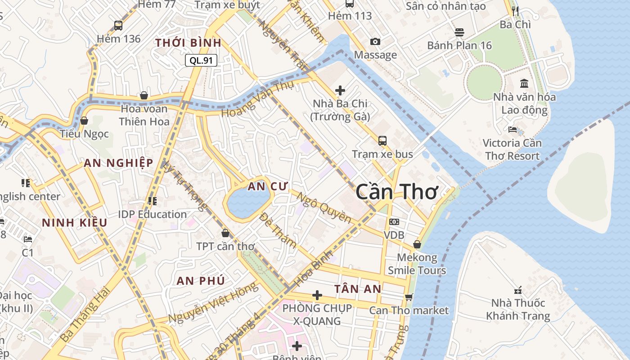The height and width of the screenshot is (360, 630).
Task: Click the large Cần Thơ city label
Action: (396, 192)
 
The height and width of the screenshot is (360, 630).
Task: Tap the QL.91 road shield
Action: (201, 60)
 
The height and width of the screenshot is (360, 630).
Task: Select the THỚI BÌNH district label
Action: (188, 43)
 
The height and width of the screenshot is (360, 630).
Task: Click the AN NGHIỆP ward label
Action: (118, 163)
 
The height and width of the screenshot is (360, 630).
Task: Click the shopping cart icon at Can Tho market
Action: (409, 297)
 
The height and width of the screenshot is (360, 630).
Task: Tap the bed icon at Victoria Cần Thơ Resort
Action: (512, 130)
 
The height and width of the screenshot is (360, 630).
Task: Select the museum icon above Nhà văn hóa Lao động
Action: (524, 83)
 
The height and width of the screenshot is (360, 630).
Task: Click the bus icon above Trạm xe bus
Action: (382, 140)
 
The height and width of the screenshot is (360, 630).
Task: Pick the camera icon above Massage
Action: (375, 42)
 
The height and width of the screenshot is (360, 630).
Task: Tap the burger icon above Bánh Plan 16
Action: (459, 32)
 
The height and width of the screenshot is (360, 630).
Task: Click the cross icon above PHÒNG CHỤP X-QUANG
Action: (317, 295)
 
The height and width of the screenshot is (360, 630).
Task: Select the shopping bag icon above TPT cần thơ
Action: (225, 233)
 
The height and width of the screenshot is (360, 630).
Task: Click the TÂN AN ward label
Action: (358, 289)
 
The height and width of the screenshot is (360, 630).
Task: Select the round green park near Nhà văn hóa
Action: (484, 82)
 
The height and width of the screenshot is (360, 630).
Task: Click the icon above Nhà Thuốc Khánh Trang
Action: (518, 290)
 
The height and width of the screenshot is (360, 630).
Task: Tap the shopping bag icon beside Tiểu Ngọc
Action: (84, 121)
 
